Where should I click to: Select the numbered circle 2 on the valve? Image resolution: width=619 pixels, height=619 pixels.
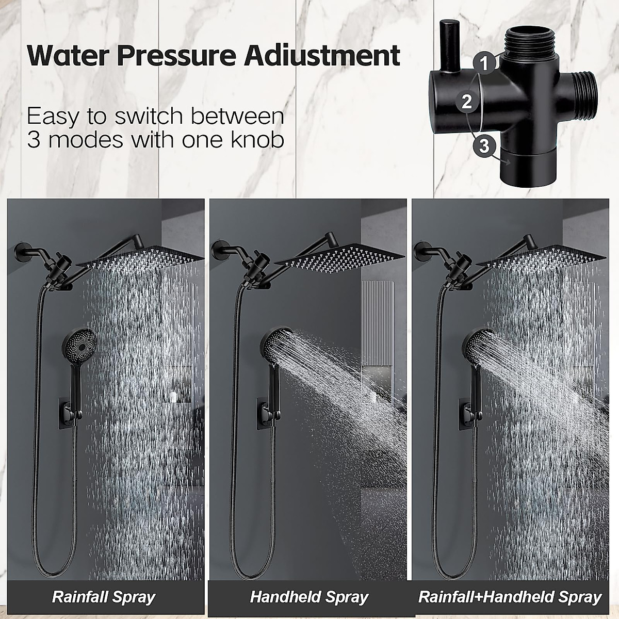click(x=467, y=101)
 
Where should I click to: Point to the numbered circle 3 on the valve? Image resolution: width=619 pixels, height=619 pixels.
click(x=483, y=145)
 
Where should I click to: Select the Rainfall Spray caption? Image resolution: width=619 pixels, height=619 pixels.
click(x=103, y=597)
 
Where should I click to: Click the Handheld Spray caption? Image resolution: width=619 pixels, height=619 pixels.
click(x=308, y=597)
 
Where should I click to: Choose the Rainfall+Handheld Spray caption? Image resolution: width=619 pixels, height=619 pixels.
click(x=510, y=597)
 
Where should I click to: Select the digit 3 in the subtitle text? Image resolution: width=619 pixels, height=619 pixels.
click(x=34, y=140)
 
